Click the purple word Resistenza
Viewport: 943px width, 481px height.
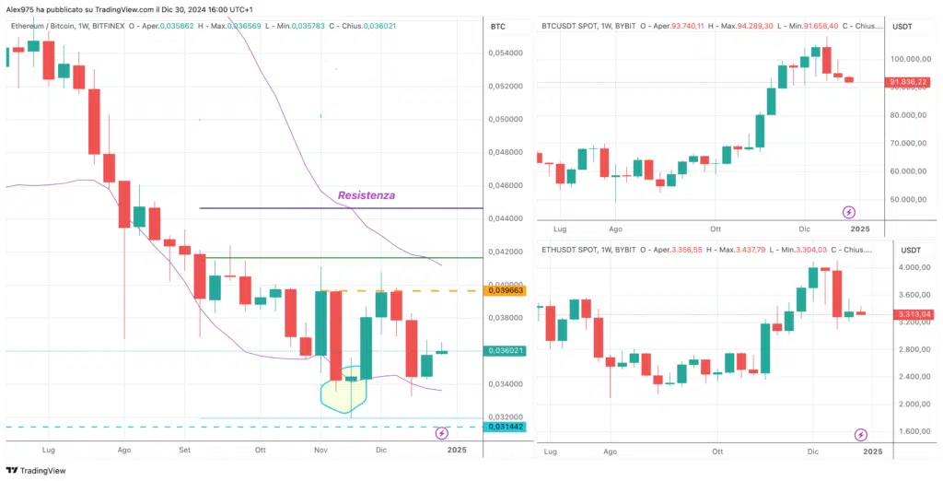coord(367,195)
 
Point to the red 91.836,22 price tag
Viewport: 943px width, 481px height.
coord(907,82)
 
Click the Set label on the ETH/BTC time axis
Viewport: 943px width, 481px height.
coord(184,450)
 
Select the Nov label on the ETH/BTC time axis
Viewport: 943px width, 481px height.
coord(320,450)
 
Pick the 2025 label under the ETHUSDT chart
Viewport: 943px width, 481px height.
coord(873,452)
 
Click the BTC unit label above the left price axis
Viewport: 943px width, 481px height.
coord(499,26)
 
